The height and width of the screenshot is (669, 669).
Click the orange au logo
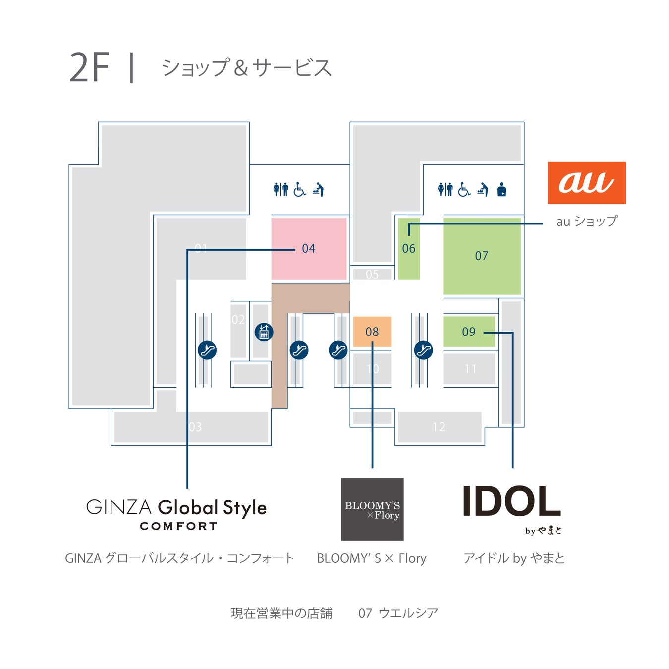pos(586,182)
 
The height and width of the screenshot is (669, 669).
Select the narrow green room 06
pos(409,248)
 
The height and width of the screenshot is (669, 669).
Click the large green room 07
pos(481,256)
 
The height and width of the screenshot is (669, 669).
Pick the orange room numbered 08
pos(372,332)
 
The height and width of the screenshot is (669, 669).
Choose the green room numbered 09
pos(468,332)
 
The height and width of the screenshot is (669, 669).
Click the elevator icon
pos(264,332)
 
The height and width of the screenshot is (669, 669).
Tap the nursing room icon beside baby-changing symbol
pos(502,189)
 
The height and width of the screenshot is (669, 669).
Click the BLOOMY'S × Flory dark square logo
pos(372,509)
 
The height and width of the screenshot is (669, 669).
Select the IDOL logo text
pos(511,502)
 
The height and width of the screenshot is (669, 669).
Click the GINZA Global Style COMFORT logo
pos(176,514)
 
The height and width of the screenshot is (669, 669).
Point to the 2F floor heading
pos(89,68)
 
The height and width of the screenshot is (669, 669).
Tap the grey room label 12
pos(439,427)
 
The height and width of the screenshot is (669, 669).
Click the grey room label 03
pos(195,427)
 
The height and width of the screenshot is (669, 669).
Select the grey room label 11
pos(470,369)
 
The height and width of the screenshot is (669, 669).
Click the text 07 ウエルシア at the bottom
pos(398,613)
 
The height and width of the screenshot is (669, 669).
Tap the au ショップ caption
pos(587,221)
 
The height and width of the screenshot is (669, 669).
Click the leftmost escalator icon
pos(207,350)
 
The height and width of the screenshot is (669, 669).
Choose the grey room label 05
pos(372,274)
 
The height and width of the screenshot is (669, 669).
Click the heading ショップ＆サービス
pos(246,68)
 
